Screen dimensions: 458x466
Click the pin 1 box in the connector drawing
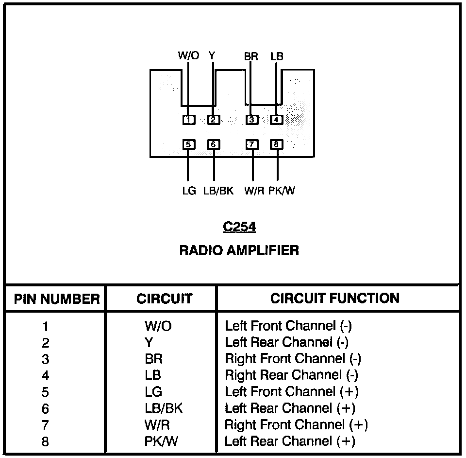(189, 120)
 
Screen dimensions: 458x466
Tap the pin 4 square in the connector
(276, 120)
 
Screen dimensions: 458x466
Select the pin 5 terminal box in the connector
(189, 144)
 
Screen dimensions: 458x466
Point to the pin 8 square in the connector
(276, 144)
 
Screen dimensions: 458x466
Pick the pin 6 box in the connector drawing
(214, 144)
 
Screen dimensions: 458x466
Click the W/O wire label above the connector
(188, 56)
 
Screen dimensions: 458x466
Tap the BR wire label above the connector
(251, 56)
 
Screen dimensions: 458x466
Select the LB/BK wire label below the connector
(218, 191)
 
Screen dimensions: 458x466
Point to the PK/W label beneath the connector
(282, 191)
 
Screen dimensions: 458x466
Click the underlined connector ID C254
(239, 227)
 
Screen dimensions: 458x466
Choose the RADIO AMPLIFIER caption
(239, 250)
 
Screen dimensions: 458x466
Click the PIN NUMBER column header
(57, 299)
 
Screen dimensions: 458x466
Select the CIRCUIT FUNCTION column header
(335, 298)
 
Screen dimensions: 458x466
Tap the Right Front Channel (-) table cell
(293, 359)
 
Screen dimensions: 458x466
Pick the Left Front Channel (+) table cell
(292, 391)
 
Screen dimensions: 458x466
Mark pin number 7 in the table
(46, 425)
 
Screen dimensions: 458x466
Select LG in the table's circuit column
(153, 391)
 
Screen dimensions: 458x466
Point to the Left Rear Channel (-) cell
(287, 342)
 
